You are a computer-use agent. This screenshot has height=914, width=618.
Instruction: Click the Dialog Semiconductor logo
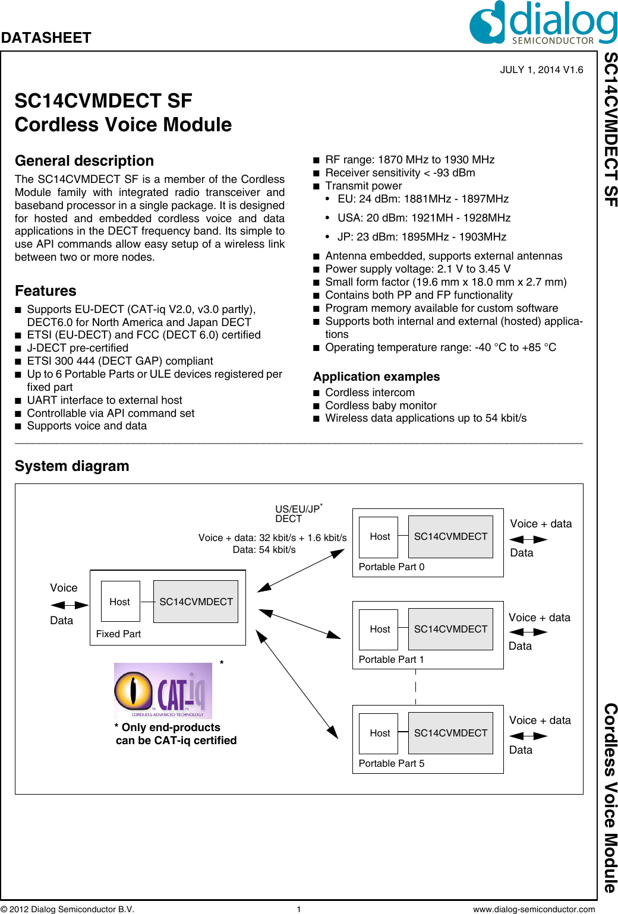(x=543, y=23)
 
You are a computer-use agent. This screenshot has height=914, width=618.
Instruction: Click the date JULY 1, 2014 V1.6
(x=541, y=69)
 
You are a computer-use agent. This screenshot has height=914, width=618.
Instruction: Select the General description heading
(x=84, y=161)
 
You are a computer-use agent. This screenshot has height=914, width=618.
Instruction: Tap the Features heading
(x=46, y=291)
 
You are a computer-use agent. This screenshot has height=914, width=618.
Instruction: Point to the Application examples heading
(x=376, y=377)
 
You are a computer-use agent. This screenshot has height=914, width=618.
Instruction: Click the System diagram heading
(x=72, y=466)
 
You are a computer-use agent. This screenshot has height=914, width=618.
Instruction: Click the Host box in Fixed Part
(x=120, y=602)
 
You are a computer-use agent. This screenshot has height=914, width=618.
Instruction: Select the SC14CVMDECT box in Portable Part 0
(x=450, y=536)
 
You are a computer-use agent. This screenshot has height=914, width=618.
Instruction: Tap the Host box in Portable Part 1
(x=379, y=629)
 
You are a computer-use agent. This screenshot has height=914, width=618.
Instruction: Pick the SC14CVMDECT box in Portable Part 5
(x=450, y=733)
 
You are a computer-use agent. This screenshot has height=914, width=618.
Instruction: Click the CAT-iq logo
(x=163, y=691)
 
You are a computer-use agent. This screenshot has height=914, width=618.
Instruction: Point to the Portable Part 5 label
(x=392, y=763)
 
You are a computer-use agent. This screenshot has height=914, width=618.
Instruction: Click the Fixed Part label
(x=118, y=634)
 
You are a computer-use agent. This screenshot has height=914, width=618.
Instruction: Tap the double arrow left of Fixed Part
(x=70, y=605)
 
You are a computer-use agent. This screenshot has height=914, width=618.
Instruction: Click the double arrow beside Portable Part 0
(x=528, y=539)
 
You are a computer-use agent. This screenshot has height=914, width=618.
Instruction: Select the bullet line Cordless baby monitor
(x=380, y=406)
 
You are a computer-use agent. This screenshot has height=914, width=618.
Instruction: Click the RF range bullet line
(x=409, y=160)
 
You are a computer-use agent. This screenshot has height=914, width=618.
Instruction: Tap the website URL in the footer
(x=534, y=909)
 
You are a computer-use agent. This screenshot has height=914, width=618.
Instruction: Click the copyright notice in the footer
(x=68, y=909)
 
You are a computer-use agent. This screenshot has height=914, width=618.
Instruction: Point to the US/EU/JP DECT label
(x=298, y=514)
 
